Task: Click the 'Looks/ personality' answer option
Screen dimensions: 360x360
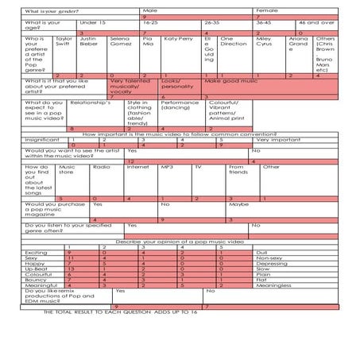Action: [176, 83]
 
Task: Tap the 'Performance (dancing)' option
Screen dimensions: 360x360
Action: [180, 106]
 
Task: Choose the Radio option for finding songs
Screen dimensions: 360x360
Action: [101, 167]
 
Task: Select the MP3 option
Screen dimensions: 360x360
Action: [167, 167]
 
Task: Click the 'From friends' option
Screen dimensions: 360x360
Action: [237, 169]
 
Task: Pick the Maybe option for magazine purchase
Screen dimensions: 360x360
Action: [239, 204]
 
